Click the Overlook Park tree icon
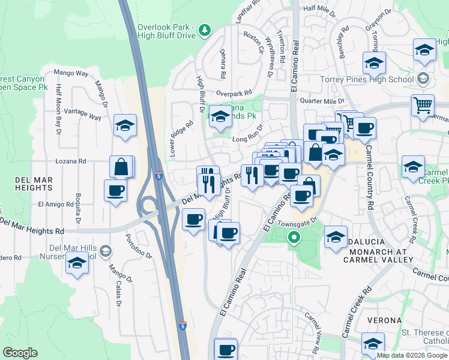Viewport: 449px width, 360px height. click(x=205, y=29)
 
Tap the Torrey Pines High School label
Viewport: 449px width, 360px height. click(x=376, y=79)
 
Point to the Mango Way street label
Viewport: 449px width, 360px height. click(x=71, y=73)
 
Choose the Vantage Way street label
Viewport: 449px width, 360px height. click(x=82, y=114)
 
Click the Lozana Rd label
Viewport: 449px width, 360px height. click(x=71, y=161)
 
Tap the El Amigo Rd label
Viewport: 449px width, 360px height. click(x=55, y=204)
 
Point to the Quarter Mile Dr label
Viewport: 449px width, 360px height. click(x=322, y=101)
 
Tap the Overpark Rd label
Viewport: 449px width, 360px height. click(x=234, y=94)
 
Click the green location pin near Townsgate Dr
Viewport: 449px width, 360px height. click(x=294, y=238)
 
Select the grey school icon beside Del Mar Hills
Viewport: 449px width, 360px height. click(x=106, y=250)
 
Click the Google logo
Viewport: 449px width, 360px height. click(x=20, y=353)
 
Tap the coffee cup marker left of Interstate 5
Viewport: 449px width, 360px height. click(x=115, y=191)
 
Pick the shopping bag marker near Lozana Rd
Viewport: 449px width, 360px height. click(x=121, y=167)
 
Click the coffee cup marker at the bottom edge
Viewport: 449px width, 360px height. click(x=226, y=350)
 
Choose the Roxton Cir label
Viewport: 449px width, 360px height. click(x=254, y=43)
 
